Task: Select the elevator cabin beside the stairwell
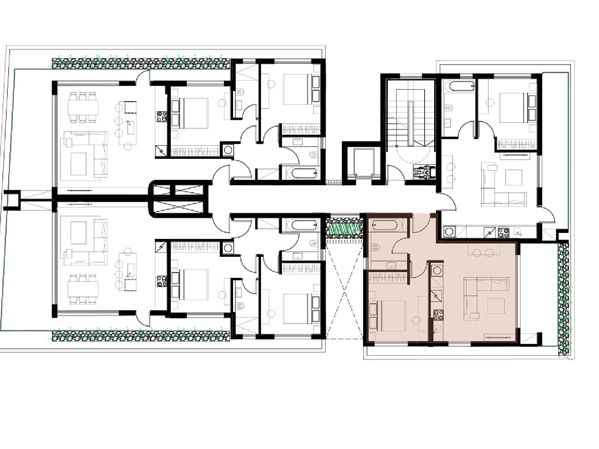coord(360,162)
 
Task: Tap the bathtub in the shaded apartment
coord(387,225)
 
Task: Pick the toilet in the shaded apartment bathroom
coord(376,248)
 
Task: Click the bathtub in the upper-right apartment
coord(459,86)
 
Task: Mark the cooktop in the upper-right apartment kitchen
coord(503,232)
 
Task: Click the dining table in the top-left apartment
coord(83,108)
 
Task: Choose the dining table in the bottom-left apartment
coord(83,289)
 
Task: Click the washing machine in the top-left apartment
coord(228,150)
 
